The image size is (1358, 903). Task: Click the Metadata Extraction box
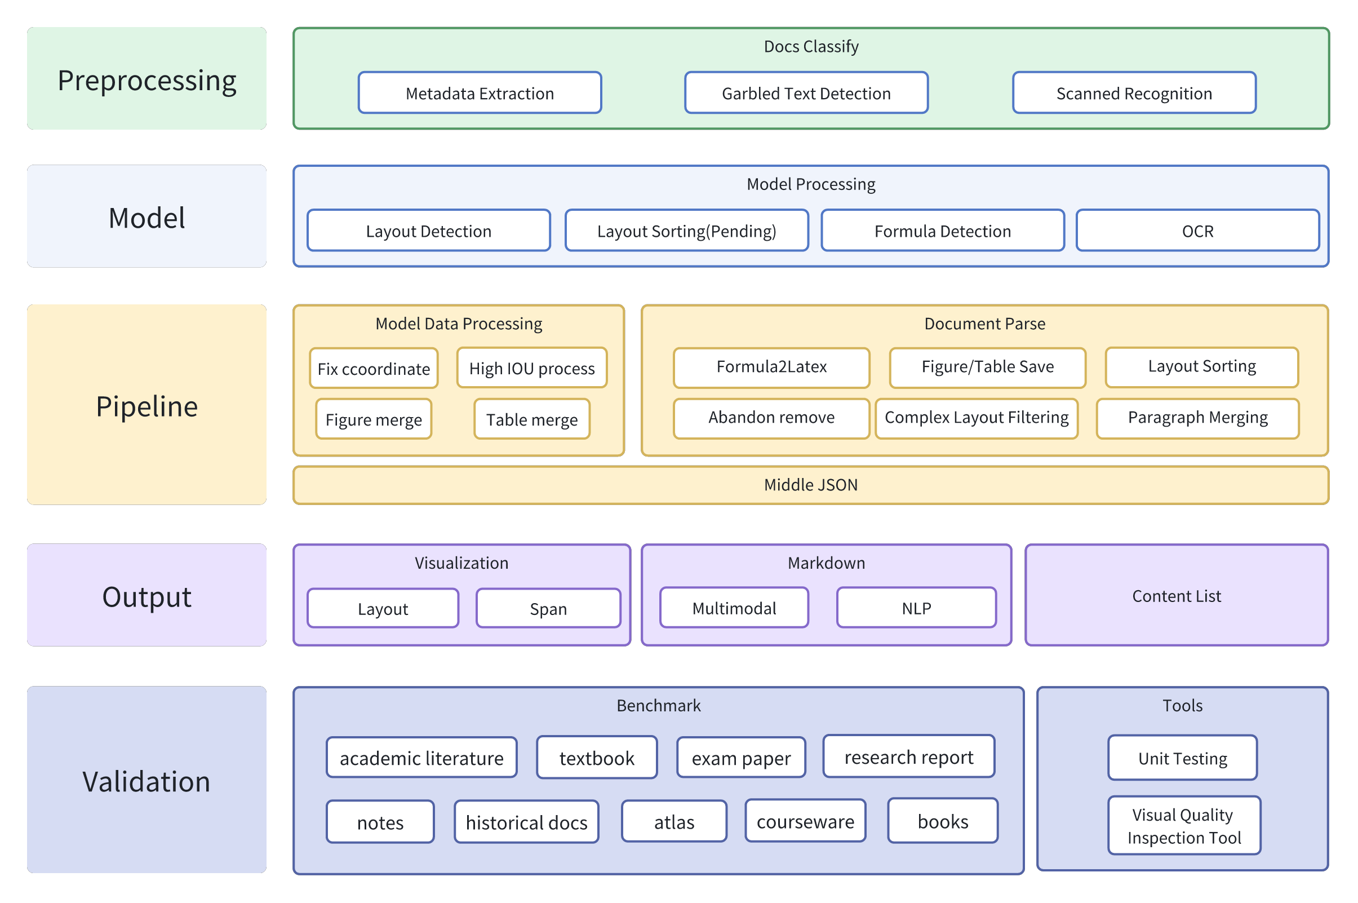[480, 92]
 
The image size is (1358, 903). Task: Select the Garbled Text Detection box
[806, 92]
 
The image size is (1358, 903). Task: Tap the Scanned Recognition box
[1134, 92]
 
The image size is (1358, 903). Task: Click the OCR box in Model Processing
[1197, 231]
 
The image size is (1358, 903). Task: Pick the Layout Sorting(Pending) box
[686, 231]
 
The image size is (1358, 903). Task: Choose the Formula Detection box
[942, 231]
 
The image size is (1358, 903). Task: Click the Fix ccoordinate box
[374, 368]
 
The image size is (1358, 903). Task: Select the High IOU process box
[532, 368]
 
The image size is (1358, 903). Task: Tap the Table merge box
[532, 419]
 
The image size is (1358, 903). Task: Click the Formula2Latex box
[771, 368]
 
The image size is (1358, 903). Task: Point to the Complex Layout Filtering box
[977, 418]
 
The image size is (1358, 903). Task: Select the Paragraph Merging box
[1197, 418]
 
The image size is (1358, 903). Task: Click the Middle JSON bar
[810, 485]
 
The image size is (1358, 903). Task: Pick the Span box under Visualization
[548, 608]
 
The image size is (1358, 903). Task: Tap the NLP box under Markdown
[916, 608]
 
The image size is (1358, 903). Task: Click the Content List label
[1176, 595]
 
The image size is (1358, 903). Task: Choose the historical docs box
[526, 822]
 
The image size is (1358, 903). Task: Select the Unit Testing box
[1182, 758]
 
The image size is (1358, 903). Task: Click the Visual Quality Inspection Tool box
[1183, 825]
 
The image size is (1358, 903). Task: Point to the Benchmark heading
[658, 706]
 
